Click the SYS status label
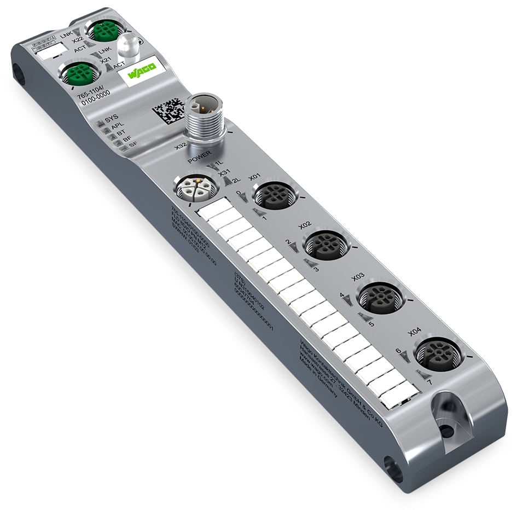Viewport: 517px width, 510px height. point(111,117)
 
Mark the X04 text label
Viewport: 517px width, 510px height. point(415,332)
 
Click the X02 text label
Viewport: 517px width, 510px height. point(305,225)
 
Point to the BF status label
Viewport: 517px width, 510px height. point(127,140)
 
